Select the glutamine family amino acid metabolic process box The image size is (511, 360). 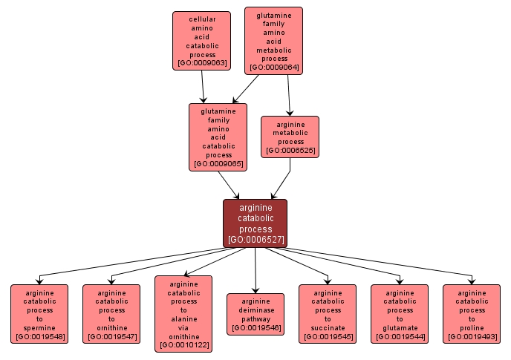click(274, 40)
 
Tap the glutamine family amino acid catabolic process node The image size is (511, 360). click(218, 137)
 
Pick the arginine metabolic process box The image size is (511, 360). click(290, 137)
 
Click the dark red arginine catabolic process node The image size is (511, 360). click(255, 223)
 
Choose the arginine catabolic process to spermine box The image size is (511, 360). click(39, 314)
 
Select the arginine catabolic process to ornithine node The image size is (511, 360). click(111, 314)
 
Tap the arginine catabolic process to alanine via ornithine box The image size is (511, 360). click(183, 314)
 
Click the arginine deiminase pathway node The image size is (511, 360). click(255, 314)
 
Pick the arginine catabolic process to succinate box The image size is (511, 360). click(328, 314)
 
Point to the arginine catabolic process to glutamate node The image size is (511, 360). click(400, 314)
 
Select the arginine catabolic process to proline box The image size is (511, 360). click(472, 314)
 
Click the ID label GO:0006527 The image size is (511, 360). click(255, 240)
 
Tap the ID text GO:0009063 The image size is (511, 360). click(201, 64)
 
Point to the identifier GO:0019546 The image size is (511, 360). click(255, 328)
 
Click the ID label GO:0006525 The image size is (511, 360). click(290, 151)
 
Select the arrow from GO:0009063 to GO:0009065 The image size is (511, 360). click(204, 88)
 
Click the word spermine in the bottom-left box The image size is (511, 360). click(39, 328)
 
